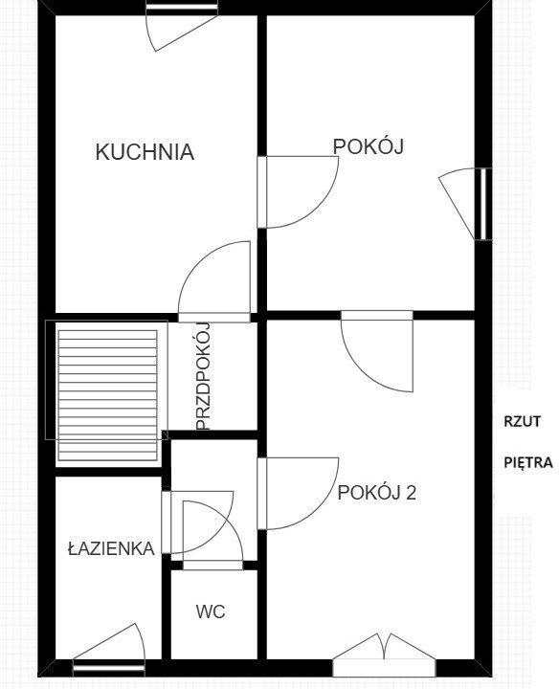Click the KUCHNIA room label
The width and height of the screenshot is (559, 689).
(145, 152)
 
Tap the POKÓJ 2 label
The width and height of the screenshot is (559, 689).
(376, 493)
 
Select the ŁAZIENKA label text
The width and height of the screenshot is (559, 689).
(111, 548)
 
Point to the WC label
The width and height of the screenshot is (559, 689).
(211, 611)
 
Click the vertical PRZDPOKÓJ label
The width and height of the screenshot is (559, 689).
(204, 376)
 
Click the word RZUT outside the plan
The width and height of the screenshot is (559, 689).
(522, 421)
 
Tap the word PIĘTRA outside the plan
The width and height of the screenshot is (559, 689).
(528, 462)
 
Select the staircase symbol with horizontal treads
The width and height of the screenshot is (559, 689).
(107, 395)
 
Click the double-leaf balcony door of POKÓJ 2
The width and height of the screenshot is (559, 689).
(384, 656)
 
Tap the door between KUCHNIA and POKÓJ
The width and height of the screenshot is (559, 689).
(298, 192)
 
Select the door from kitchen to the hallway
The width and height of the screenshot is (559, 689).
(214, 282)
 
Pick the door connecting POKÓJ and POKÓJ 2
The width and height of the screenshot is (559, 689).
(377, 350)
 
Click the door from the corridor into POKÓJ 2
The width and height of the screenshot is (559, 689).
(298, 494)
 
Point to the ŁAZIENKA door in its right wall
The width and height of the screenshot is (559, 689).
(197, 522)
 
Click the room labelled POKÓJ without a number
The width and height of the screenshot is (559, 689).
(369, 146)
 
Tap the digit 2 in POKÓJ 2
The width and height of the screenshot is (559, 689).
(411, 493)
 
